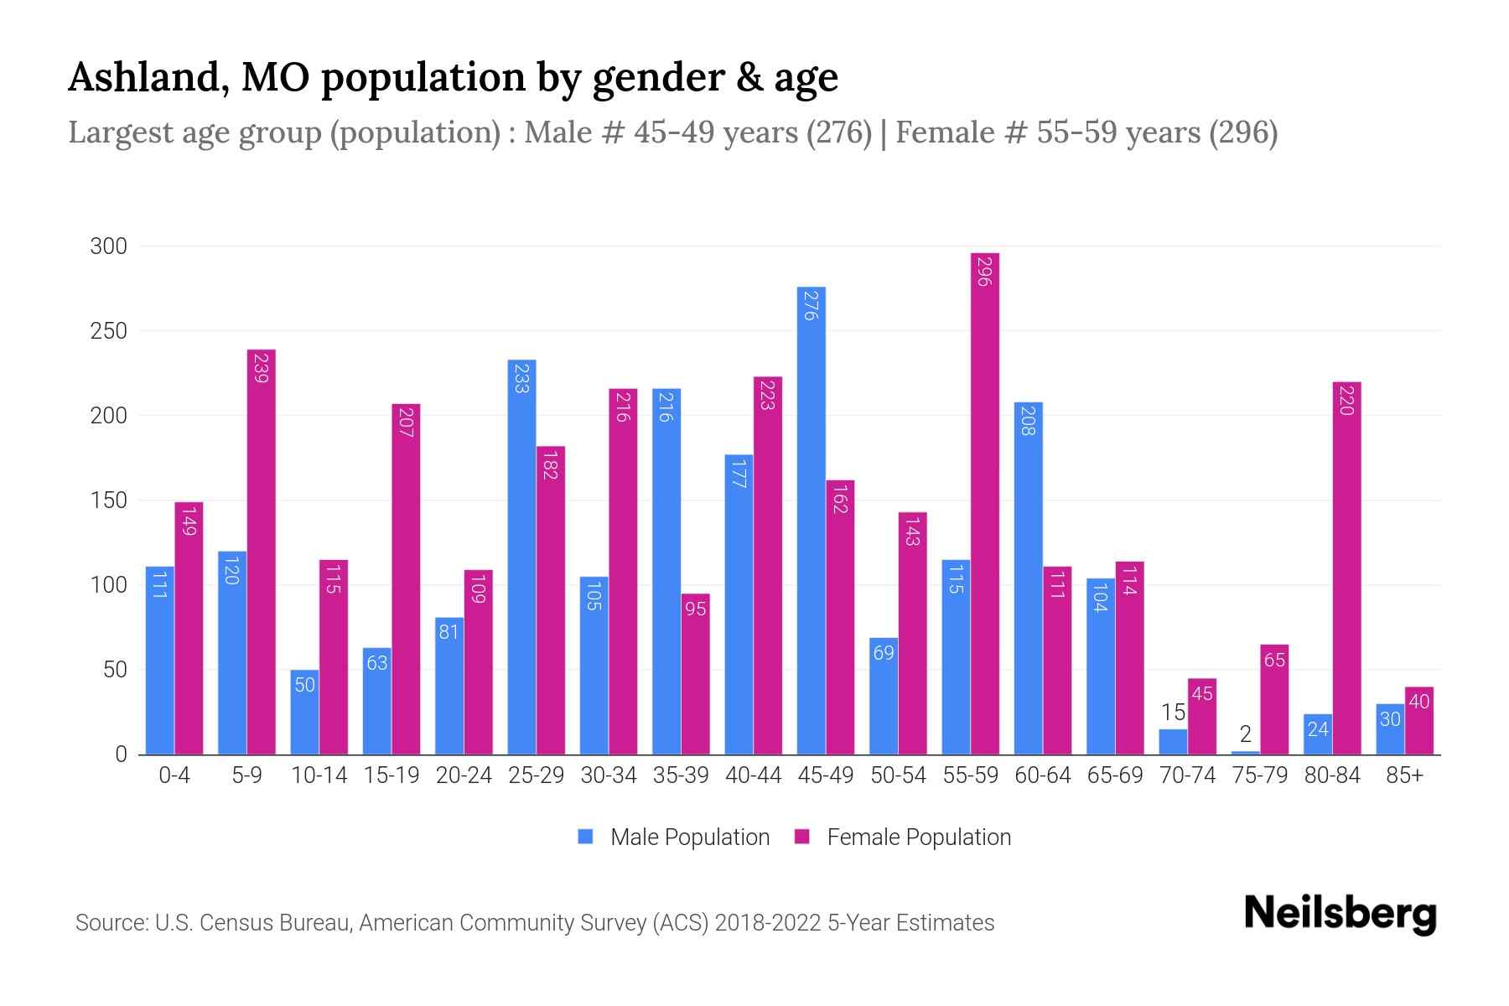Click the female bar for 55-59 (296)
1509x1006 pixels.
(x=985, y=503)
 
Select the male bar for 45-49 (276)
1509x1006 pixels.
(x=811, y=520)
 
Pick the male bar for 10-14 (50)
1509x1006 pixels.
(x=304, y=713)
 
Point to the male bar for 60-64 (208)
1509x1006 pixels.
(x=1028, y=578)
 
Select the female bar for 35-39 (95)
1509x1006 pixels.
(x=695, y=674)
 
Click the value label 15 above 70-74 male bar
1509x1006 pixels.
(x=1173, y=713)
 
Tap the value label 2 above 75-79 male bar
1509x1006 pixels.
(x=1245, y=734)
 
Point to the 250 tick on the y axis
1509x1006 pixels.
(x=109, y=331)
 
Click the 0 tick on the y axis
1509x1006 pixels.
(x=121, y=754)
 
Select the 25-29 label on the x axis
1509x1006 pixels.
(x=536, y=775)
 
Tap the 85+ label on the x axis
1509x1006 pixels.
(x=1404, y=775)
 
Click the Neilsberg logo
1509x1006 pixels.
(x=1340, y=914)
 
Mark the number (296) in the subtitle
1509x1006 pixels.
(x=1242, y=132)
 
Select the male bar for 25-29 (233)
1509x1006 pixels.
(x=521, y=557)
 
